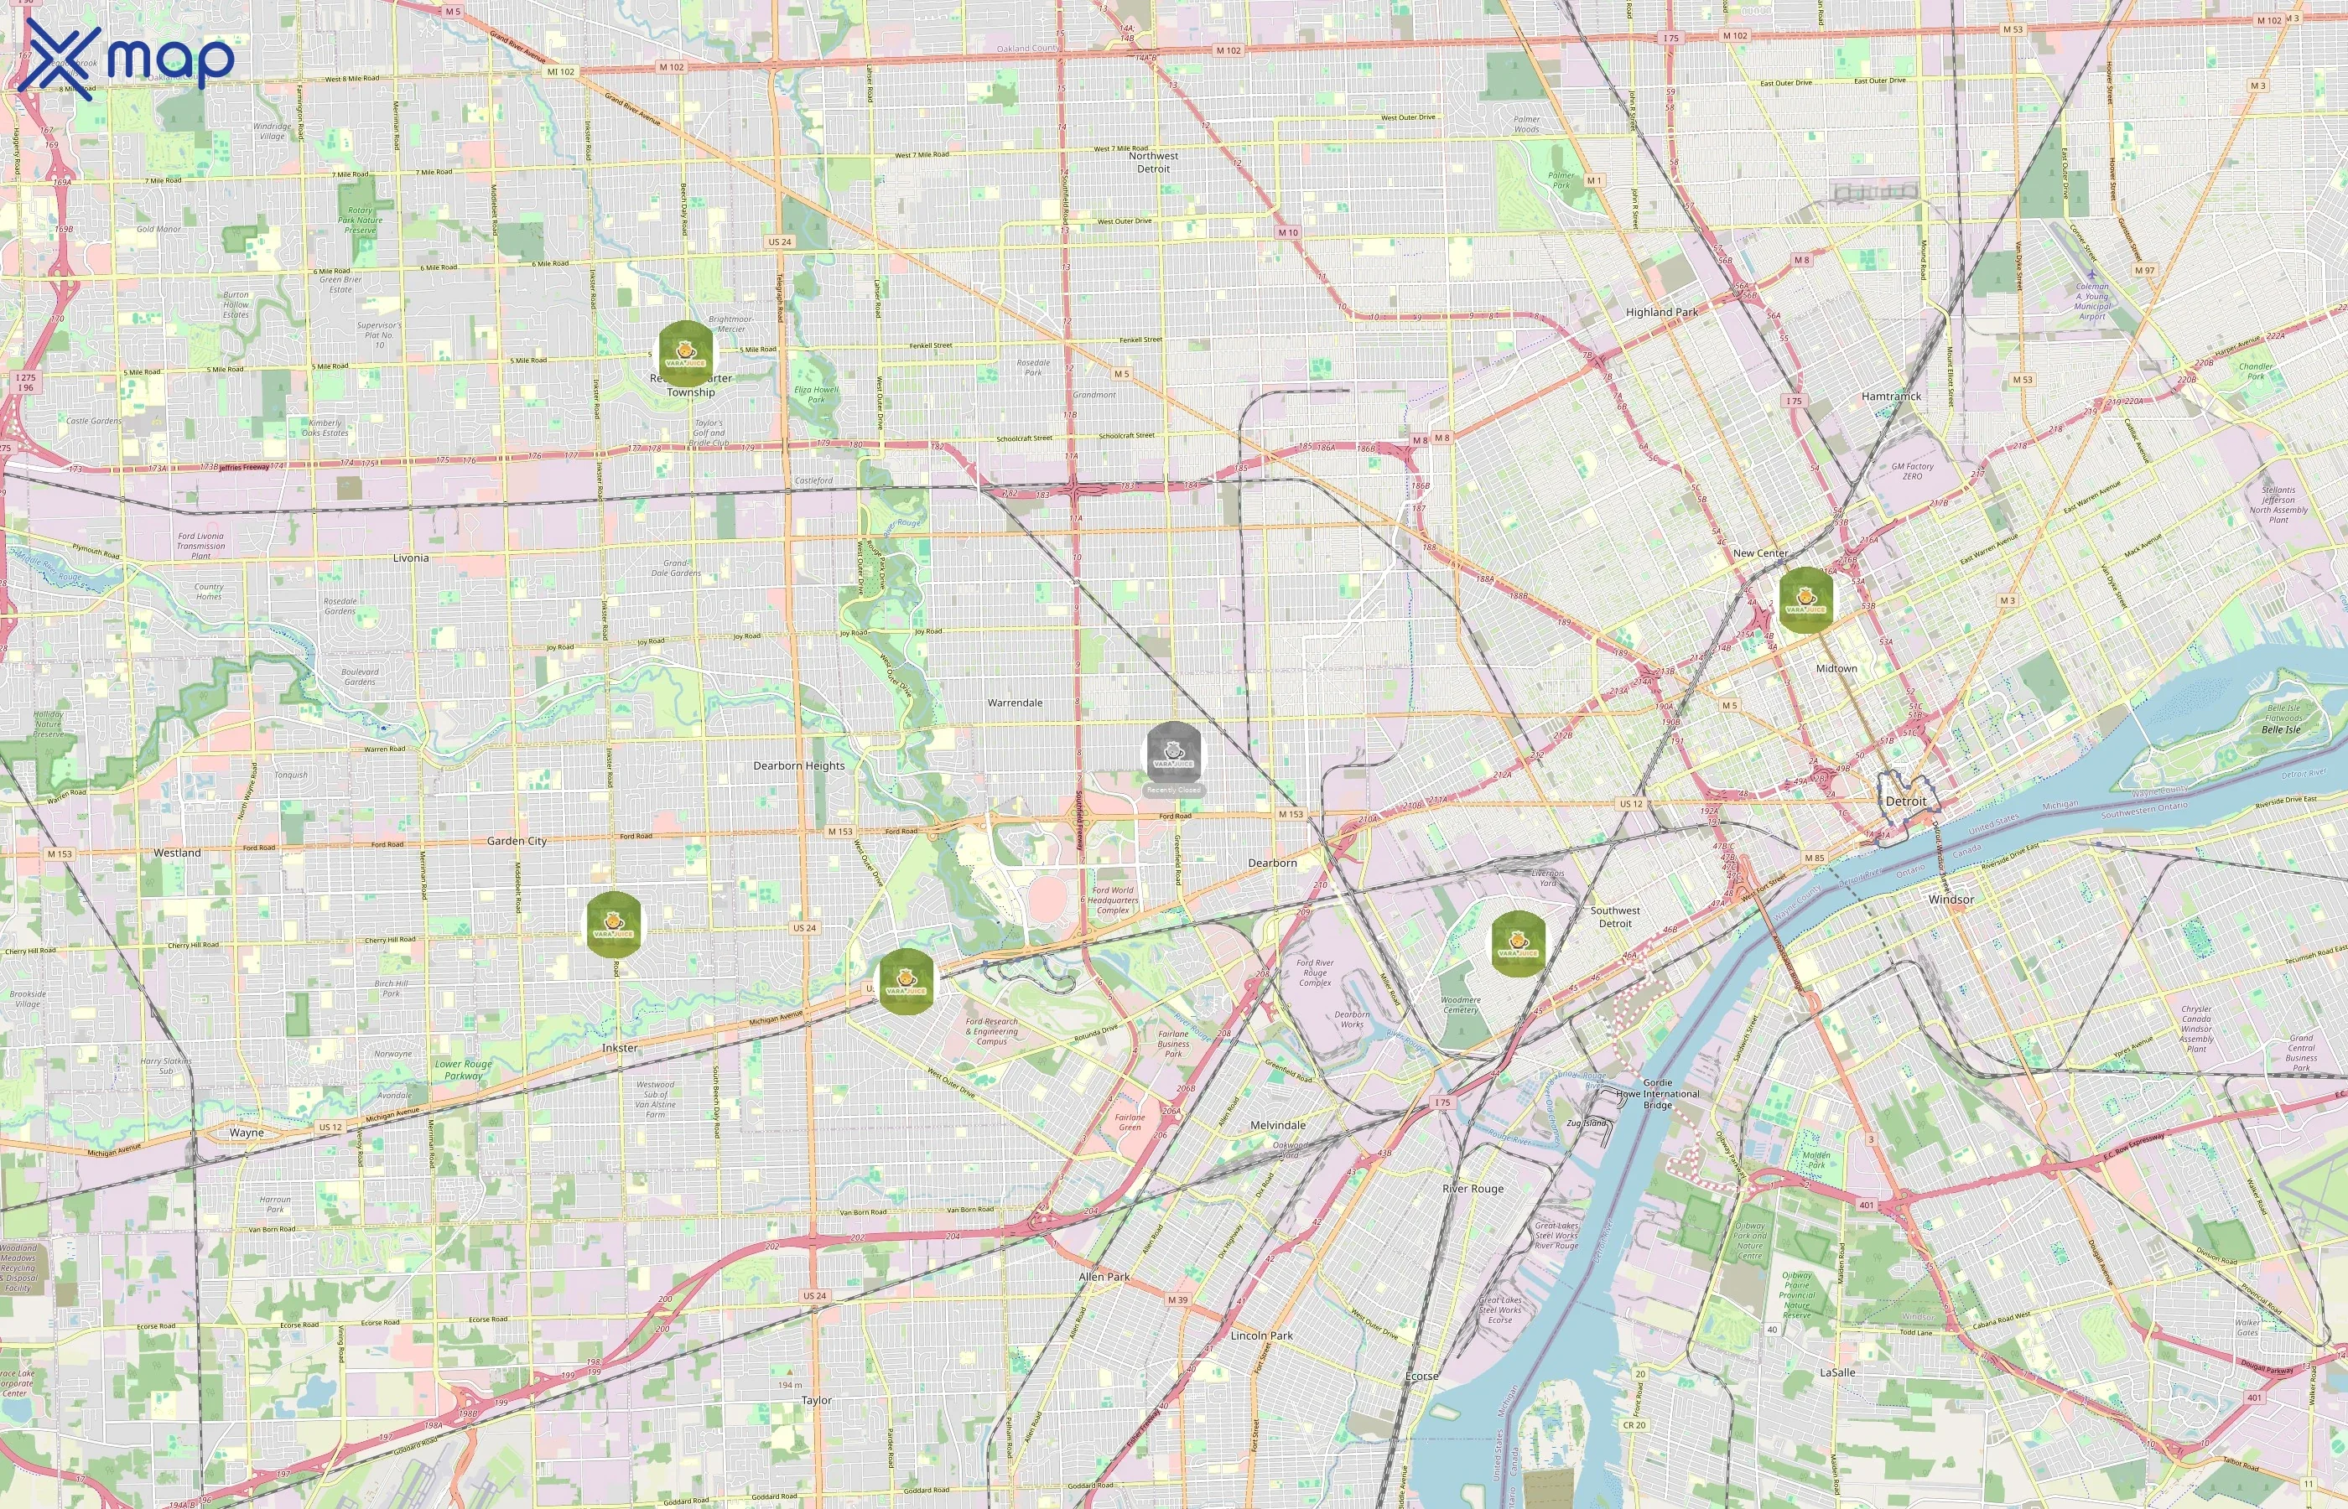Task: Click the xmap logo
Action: coord(127,57)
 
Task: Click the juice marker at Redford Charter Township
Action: coord(686,350)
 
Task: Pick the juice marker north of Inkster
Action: coord(614,923)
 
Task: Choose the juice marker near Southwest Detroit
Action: coord(1517,941)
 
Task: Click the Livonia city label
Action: coord(411,557)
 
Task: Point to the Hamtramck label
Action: coord(1890,396)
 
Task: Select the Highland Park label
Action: coord(1662,312)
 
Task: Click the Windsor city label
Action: coord(1951,899)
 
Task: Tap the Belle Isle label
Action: coord(2280,729)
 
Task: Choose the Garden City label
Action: coord(517,841)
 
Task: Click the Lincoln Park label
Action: coord(1261,1335)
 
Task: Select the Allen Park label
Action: coord(1104,1276)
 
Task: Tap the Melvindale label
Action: coord(1277,1125)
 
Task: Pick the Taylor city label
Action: coord(816,1400)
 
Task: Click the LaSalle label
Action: coord(1836,1372)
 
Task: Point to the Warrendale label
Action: coord(1015,703)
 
